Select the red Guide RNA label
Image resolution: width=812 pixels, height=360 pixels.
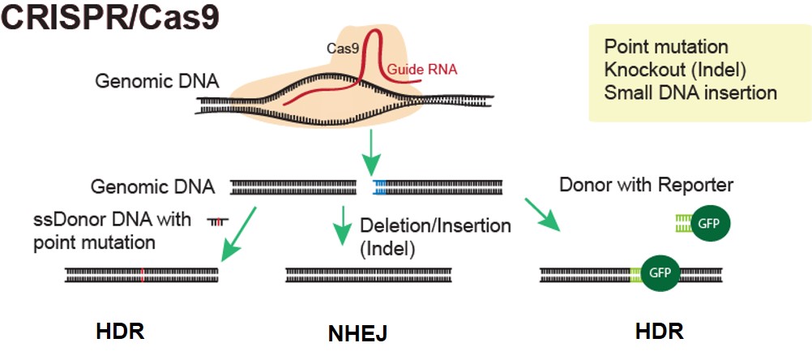click(421, 70)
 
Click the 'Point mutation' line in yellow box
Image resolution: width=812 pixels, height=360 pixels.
click(666, 47)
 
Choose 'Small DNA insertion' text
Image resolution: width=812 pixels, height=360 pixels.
click(690, 92)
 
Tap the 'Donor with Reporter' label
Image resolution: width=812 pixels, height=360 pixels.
click(646, 186)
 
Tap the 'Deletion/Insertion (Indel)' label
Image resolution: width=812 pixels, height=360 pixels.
click(435, 236)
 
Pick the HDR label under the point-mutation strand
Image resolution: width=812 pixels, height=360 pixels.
click(121, 332)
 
